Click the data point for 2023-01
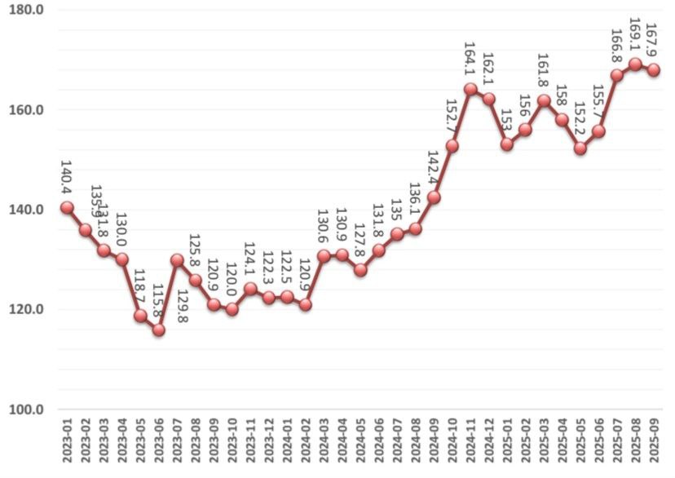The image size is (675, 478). point(67,207)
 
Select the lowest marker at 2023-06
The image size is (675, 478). point(158,330)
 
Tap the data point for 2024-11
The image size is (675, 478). point(470,89)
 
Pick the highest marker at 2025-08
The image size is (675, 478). point(635,64)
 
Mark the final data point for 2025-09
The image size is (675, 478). point(653,70)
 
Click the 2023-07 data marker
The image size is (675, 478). point(177,260)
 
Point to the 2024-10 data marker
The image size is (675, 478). point(452,146)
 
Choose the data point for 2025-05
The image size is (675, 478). point(580,148)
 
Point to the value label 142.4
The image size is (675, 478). point(434,169)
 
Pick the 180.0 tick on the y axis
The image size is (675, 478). point(27,11)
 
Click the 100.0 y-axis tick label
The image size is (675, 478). point(27,409)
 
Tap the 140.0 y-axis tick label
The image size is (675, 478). point(27,210)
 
